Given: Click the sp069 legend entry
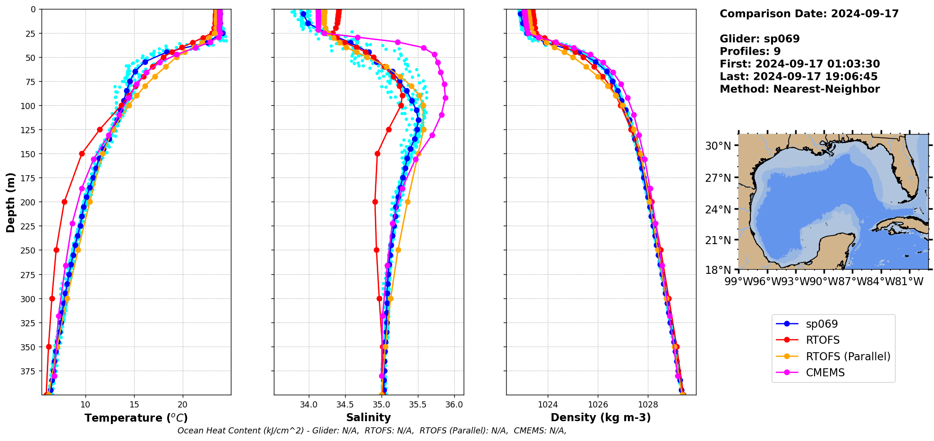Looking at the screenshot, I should point(822,324).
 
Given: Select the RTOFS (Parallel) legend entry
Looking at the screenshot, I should point(848,356).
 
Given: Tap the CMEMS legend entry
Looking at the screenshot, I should point(825,373).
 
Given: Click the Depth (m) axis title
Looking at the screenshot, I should point(10,202).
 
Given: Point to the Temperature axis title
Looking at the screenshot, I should point(136,418).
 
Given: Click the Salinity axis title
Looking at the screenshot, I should point(368,417).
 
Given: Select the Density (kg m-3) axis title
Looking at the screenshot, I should point(601,417).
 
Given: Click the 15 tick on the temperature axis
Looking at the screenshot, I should point(134,405).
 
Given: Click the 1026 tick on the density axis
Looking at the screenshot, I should point(598,405).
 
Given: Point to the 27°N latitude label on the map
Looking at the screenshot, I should point(718,178).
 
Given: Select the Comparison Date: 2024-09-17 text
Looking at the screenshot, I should point(809,14).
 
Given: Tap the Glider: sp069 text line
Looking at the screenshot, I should point(759,39).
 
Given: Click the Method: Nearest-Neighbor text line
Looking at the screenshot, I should point(799,89).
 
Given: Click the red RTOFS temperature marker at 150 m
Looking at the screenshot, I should point(82,153).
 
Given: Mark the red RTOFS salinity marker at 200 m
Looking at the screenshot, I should point(375,202).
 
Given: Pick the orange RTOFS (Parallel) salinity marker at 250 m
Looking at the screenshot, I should point(398,250).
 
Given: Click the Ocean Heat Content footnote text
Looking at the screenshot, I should point(372,431).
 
